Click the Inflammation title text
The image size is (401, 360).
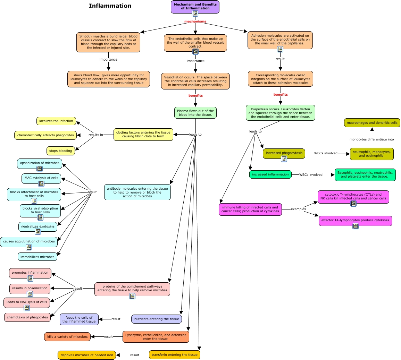tap(110, 6)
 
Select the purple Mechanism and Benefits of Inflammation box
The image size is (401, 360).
tap(195, 7)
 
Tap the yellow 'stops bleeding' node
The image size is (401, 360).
tap(61, 151)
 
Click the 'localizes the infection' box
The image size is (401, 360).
tap(56, 121)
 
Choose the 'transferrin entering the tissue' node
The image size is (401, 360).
tap(174, 355)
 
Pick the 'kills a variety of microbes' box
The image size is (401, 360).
tap(67, 336)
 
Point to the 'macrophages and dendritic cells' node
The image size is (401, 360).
tap(372, 123)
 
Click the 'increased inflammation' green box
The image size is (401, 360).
tap(270, 174)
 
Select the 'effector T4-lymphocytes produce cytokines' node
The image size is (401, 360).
tap(355, 220)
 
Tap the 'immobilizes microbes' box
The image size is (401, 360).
tap(37, 257)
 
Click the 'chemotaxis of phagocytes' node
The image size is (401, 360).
tap(27, 317)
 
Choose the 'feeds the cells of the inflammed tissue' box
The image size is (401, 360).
tap(79, 319)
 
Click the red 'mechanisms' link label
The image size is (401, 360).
tap(195, 22)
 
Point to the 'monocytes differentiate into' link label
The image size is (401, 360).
tap(371, 139)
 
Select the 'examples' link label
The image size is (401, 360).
tap(298, 209)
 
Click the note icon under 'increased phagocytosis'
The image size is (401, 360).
tap(284, 158)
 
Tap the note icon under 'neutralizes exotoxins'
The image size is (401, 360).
tap(38, 231)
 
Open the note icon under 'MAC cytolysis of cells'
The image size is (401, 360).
tap(41, 183)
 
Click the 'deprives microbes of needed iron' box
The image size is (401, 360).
tap(87, 355)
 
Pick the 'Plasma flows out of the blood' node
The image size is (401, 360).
tap(195, 113)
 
